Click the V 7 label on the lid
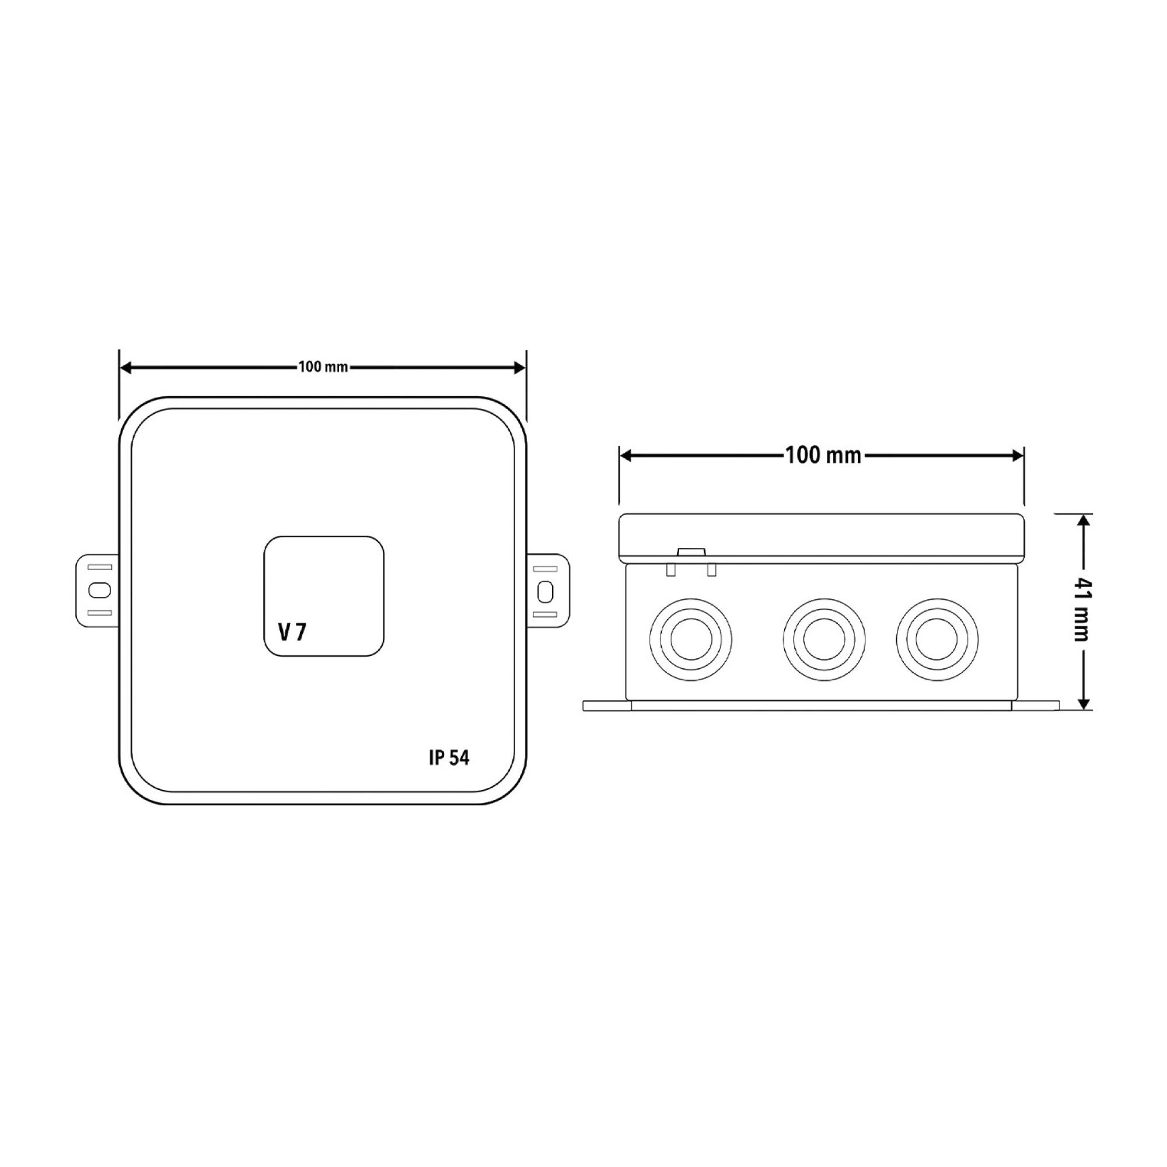click(292, 633)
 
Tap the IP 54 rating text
click(449, 758)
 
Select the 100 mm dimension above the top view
click(323, 367)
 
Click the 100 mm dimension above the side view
click(823, 456)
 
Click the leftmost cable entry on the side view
click(691, 639)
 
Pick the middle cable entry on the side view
click(824, 639)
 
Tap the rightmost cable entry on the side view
click(938, 639)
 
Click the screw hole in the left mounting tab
click(99, 590)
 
